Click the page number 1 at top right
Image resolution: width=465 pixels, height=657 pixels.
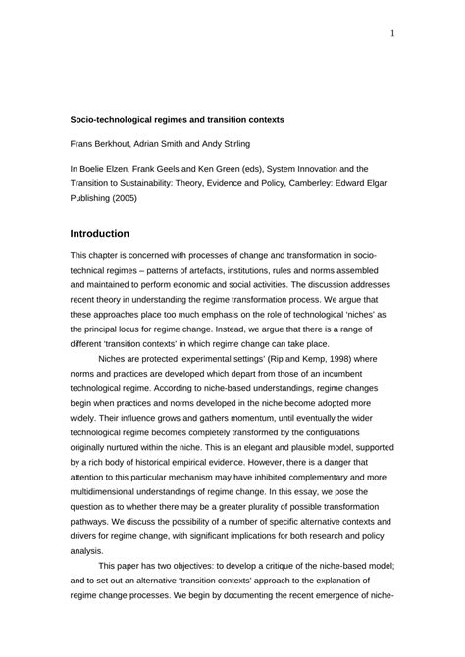tap(393, 32)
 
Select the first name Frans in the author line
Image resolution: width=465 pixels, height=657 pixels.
tap(82, 143)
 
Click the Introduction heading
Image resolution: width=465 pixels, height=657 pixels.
tap(107, 234)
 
